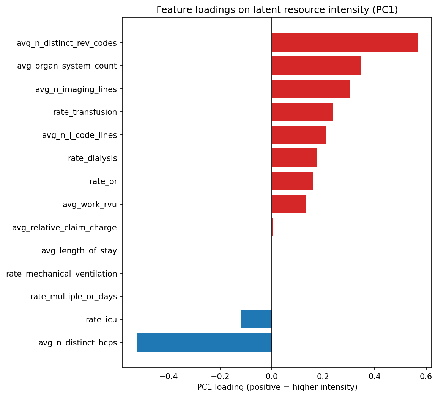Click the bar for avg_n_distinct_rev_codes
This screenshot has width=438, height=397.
pyautogui.click(x=344, y=43)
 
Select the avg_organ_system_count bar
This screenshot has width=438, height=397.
pyautogui.click(x=316, y=66)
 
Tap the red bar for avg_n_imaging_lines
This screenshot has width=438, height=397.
pyautogui.click(x=310, y=89)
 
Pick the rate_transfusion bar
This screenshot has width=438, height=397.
pyautogui.click(x=302, y=112)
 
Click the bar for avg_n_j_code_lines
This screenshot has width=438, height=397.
pyautogui.click(x=299, y=135)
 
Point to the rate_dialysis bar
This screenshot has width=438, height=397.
pyautogui.click(x=294, y=158)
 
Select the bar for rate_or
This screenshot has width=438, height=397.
pyautogui.click(x=292, y=181)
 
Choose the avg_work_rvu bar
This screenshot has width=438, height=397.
pyautogui.click(x=289, y=204)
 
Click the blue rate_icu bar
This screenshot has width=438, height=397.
pyautogui.click(x=256, y=319)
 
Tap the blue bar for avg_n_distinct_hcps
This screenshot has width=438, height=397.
pyautogui.click(x=204, y=342)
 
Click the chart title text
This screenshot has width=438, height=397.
pyautogui.click(x=277, y=10)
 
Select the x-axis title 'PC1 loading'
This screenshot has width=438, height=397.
pyautogui.click(x=277, y=387)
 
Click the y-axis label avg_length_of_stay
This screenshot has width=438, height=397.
pyautogui.click(x=79, y=250)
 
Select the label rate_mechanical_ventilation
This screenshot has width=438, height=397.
pyautogui.click(x=61, y=274)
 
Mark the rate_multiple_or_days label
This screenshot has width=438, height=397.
pyautogui.click(x=74, y=297)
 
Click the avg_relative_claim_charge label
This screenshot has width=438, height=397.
pyautogui.click(x=65, y=228)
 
